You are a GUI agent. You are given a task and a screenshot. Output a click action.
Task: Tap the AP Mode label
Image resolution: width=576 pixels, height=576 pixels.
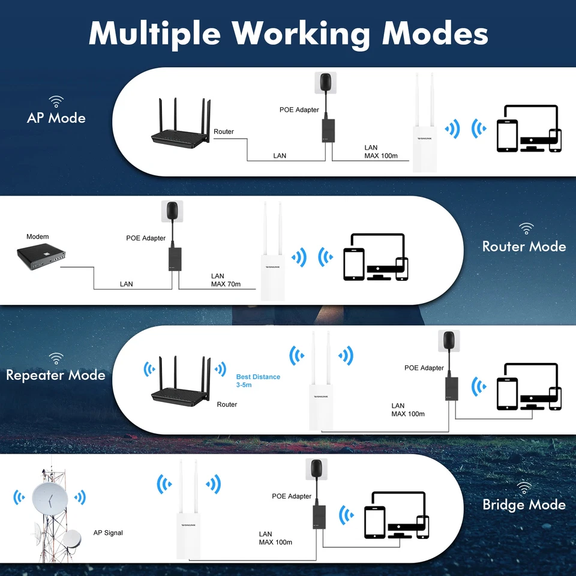click(56, 118)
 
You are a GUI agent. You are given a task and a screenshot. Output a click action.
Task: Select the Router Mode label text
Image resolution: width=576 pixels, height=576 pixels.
click(524, 247)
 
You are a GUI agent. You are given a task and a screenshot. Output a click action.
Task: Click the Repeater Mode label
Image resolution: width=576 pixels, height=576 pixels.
click(56, 376)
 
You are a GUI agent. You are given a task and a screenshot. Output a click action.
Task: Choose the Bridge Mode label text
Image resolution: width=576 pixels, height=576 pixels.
click(524, 505)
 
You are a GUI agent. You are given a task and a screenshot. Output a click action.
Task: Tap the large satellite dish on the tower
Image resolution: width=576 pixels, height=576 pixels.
click(49, 498)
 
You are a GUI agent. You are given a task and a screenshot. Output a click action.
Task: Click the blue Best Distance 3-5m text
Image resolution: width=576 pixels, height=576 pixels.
click(258, 380)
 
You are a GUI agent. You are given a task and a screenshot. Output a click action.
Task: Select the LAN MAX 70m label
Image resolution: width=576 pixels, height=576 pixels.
click(226, 280)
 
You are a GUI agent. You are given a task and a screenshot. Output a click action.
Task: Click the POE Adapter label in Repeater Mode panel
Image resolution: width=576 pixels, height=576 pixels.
click(424, 368)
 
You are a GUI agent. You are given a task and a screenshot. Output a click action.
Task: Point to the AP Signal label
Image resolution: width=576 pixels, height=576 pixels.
click(108, 533)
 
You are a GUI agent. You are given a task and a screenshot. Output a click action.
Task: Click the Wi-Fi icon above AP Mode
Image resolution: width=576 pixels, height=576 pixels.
click(56, 101)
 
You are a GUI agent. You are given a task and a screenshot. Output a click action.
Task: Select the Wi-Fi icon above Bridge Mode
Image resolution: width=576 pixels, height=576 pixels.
click(524, 487)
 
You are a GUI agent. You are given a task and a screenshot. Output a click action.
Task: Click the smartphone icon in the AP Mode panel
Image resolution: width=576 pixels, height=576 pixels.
click(555, 140)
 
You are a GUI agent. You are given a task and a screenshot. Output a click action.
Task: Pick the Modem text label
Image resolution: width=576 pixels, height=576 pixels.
click(38, 237)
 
